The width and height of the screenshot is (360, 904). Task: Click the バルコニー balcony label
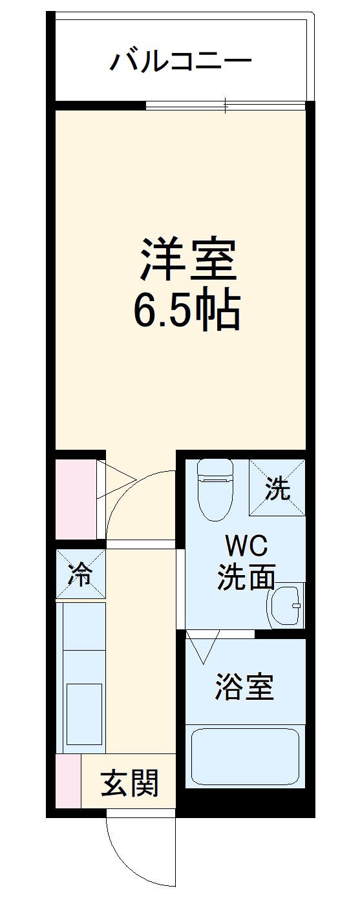[180, 61]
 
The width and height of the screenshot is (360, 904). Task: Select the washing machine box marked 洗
[277, 487]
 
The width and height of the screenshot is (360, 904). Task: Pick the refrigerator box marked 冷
[80, 573]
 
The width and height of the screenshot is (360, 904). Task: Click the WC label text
[246, 547]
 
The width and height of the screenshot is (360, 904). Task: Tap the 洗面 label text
[246, 576]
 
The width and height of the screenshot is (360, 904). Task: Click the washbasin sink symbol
[286, 605]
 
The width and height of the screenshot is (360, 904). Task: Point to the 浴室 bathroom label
[245, 688]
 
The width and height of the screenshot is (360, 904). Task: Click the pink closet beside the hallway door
[75, 498]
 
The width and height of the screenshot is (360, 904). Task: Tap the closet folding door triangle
[115, 479]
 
